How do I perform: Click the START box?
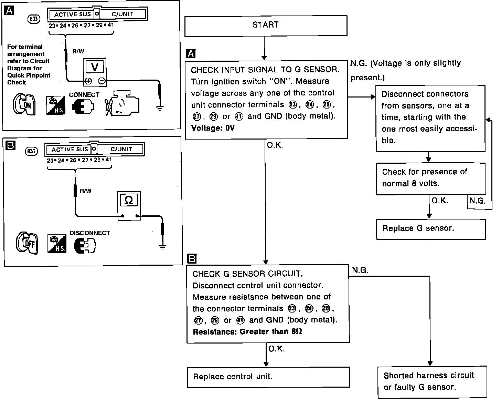click(266, 25)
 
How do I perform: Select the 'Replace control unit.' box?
click(268, 377)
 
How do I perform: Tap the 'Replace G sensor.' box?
click(430, 229)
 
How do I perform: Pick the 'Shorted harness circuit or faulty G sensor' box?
click(432, 381)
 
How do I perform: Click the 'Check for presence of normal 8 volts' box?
click(430, 178)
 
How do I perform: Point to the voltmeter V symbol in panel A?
click(95, 66)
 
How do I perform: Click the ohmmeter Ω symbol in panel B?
click(129, 200)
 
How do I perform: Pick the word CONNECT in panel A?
click(84, 95)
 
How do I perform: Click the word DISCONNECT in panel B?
click(90, 233)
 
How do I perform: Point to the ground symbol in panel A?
click(159, 108)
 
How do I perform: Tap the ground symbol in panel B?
click(162, 246)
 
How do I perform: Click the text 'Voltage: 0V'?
click(213, 128)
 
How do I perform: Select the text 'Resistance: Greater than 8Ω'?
click(247, 332)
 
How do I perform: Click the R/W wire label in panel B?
click(86, 191)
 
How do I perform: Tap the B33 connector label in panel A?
click(33, 19)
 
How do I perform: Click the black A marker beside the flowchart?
click(190, 54)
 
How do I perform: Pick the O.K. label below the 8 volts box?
click(440, 201)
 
